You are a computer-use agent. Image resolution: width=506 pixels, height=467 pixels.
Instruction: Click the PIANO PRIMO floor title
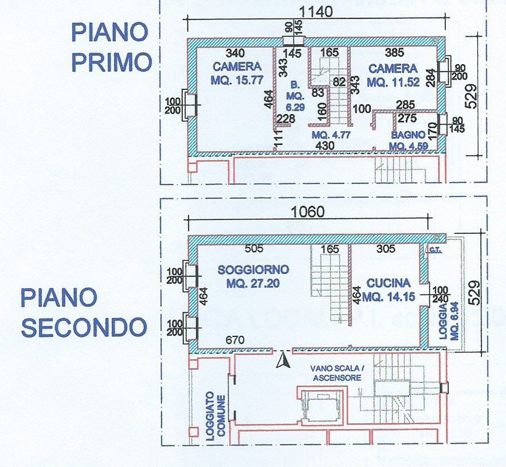pyautogui.click(x=111, y=47)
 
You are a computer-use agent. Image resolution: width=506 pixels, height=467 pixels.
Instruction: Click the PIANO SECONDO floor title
pyautogui.click(x=84, y=313)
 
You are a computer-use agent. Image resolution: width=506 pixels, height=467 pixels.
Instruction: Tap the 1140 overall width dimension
pyautogui.click(x=315, y=12)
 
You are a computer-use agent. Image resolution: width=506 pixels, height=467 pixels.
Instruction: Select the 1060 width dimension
pyautogui.click(x=308, y=212)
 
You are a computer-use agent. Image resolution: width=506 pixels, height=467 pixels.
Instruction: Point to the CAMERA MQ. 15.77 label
pyautogui.click(x=237, y=73)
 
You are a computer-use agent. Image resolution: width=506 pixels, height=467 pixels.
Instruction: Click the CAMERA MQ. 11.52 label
pyautogui.click(x=394, y=75)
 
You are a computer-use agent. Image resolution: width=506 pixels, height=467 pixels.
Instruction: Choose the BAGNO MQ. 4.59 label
pyautogui.click(x=409, y=140)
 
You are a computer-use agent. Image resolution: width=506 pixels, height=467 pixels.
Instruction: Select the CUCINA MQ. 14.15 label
pyautogui.click(x=388, y=289)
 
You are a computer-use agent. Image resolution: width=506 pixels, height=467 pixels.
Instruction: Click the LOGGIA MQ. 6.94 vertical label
pyautogui.click(x=449, y=321)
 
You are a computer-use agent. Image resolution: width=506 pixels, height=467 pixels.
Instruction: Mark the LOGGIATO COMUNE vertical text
pyautogui.click(x=216, y=416)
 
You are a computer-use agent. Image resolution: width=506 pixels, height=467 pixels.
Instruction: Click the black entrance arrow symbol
pyautogui.click(x=283, y=360)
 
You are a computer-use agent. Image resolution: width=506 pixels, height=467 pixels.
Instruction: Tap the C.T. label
pyautogui.click(x=436, y=250)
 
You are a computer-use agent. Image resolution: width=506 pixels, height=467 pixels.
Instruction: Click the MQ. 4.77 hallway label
pyautogui.click(x=331, y=135)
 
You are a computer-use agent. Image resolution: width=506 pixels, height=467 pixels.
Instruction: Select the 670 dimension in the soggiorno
pyautogui.click(x=235, y=340)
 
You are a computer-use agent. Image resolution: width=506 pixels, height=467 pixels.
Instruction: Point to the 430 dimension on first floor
pyautogui.click(x=324, y=146)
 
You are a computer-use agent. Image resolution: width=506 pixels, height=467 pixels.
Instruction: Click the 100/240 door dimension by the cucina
pyautogui.click(x=440, y=294)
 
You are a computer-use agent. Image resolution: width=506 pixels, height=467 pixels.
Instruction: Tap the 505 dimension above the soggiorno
pyautogui.click(x=254, y=248)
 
